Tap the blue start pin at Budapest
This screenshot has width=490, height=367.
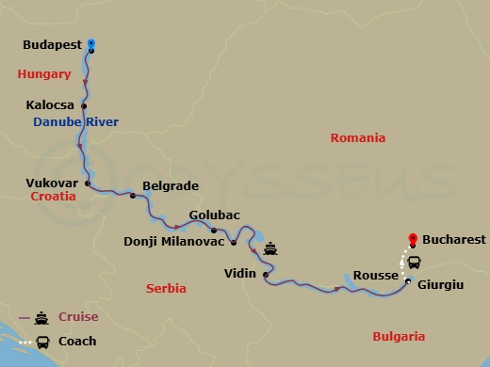click(91, 43)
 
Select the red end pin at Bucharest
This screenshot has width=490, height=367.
click(411, 239)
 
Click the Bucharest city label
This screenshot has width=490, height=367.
click(454, 240)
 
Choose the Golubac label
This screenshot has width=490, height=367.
click(213, 215)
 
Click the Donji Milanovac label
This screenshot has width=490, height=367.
click(174, 241)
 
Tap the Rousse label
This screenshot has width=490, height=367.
click(374, 276)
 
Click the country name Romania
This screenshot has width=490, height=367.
click(357, 137)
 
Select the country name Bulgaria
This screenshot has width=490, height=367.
click(399, 336)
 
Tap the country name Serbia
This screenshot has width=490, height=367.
click(166, 288)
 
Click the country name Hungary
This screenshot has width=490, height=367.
click(44, 73)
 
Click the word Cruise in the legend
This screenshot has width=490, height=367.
click(78, 317)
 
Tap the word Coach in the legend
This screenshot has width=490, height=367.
click(77, 341)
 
